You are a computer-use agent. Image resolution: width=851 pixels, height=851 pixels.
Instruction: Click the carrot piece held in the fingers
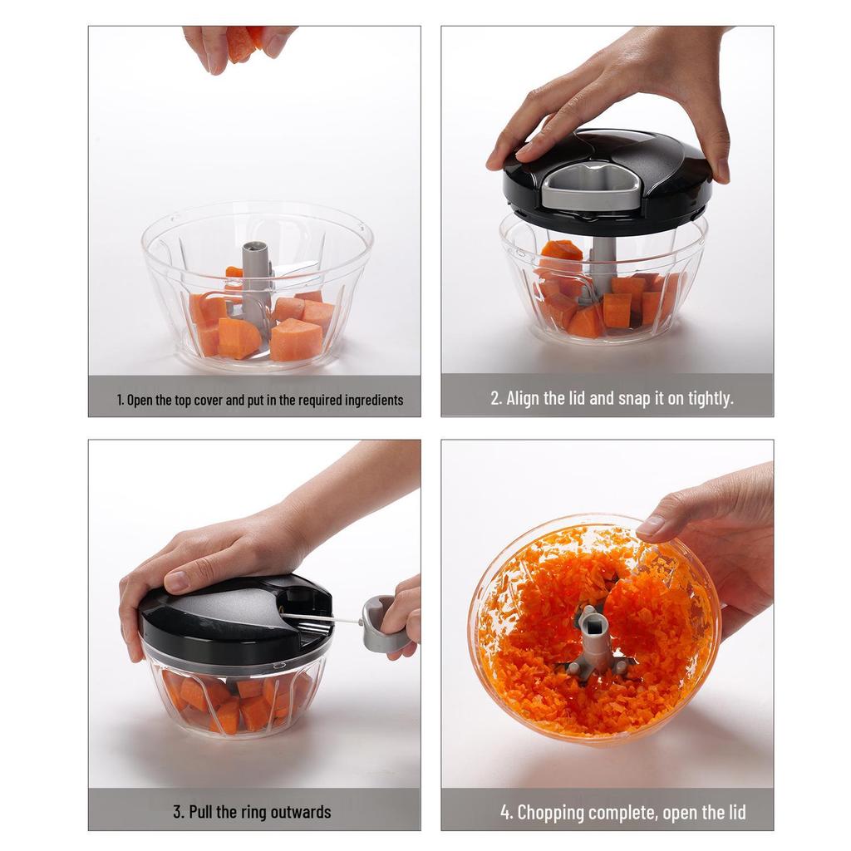point(243,42)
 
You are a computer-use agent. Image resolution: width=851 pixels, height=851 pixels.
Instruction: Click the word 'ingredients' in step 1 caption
point(374,401)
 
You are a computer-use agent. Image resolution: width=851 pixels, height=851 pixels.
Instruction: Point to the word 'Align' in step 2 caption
point(524,398)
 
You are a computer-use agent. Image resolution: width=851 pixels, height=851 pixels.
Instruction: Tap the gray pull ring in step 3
point(381,624)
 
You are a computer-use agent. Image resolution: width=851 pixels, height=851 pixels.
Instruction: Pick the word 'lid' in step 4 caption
point(736,812)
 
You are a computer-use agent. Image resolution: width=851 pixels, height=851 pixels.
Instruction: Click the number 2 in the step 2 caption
point(495,398)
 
